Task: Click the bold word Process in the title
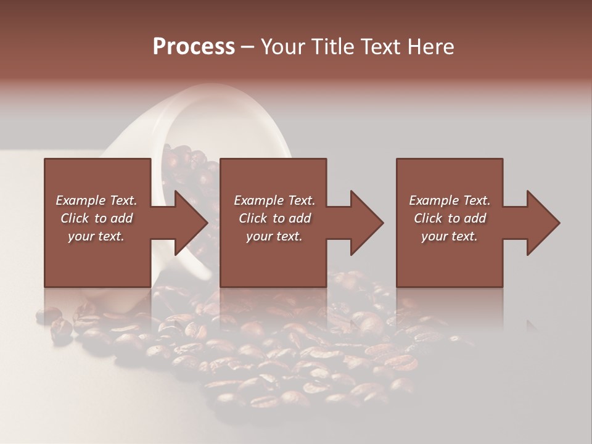(194, 47)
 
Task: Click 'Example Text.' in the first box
(96, 200)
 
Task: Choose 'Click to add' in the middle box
(274, 218)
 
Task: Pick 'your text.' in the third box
(449, 236)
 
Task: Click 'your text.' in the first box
(96, 236)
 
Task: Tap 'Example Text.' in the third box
(449, 200)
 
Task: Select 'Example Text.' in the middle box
(274, 200)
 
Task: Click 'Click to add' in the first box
(96, 218)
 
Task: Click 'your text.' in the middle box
(274, 236)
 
